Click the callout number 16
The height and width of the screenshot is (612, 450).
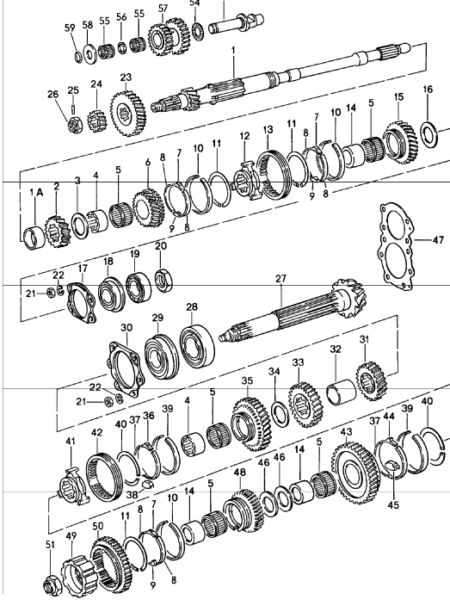428,89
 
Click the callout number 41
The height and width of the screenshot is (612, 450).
71,442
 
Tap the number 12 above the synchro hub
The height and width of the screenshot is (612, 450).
244,136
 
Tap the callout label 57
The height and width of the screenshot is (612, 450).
163,9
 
